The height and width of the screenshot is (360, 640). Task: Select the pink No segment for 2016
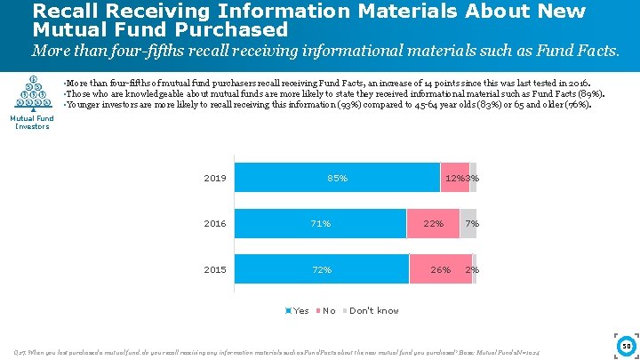point(433,224)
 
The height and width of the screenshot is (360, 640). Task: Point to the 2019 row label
point(215,178)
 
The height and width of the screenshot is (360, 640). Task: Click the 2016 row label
point(215,224)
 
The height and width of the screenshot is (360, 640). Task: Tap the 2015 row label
point(215,269)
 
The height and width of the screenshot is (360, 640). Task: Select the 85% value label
point(337,179)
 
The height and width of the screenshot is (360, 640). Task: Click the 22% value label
point(433,224)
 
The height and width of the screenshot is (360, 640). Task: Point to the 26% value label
point(439,269)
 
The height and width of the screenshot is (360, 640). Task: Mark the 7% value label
point(472,224)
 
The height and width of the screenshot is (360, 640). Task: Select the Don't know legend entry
point(371,310)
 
